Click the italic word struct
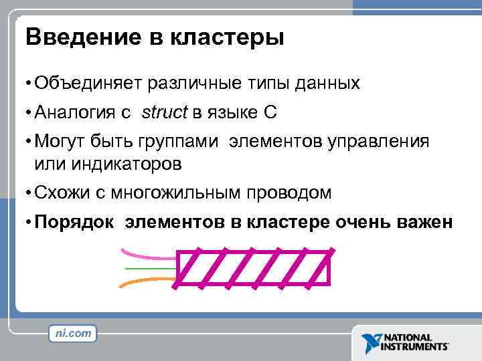coord(164,113)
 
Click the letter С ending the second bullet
coord(269,113)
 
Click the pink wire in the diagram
coord(147,254)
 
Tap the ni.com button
coord(73,332)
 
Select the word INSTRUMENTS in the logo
coord(415,347)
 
